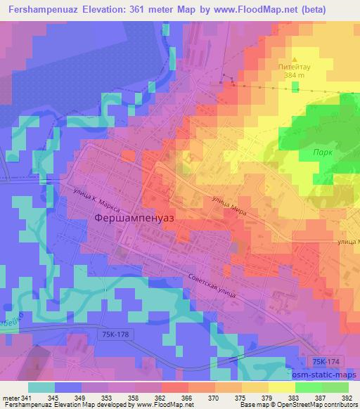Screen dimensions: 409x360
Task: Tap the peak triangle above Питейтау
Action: pos(295,60)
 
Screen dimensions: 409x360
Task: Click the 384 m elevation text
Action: pos(295,75)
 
